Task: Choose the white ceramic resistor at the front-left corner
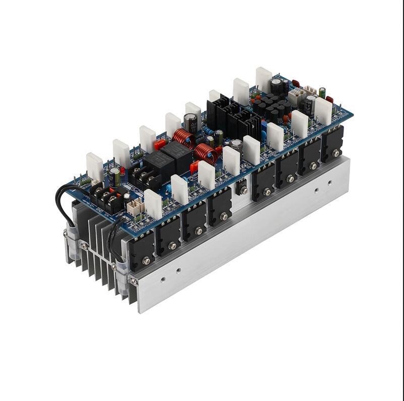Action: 153,203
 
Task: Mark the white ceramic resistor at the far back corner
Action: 263,79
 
